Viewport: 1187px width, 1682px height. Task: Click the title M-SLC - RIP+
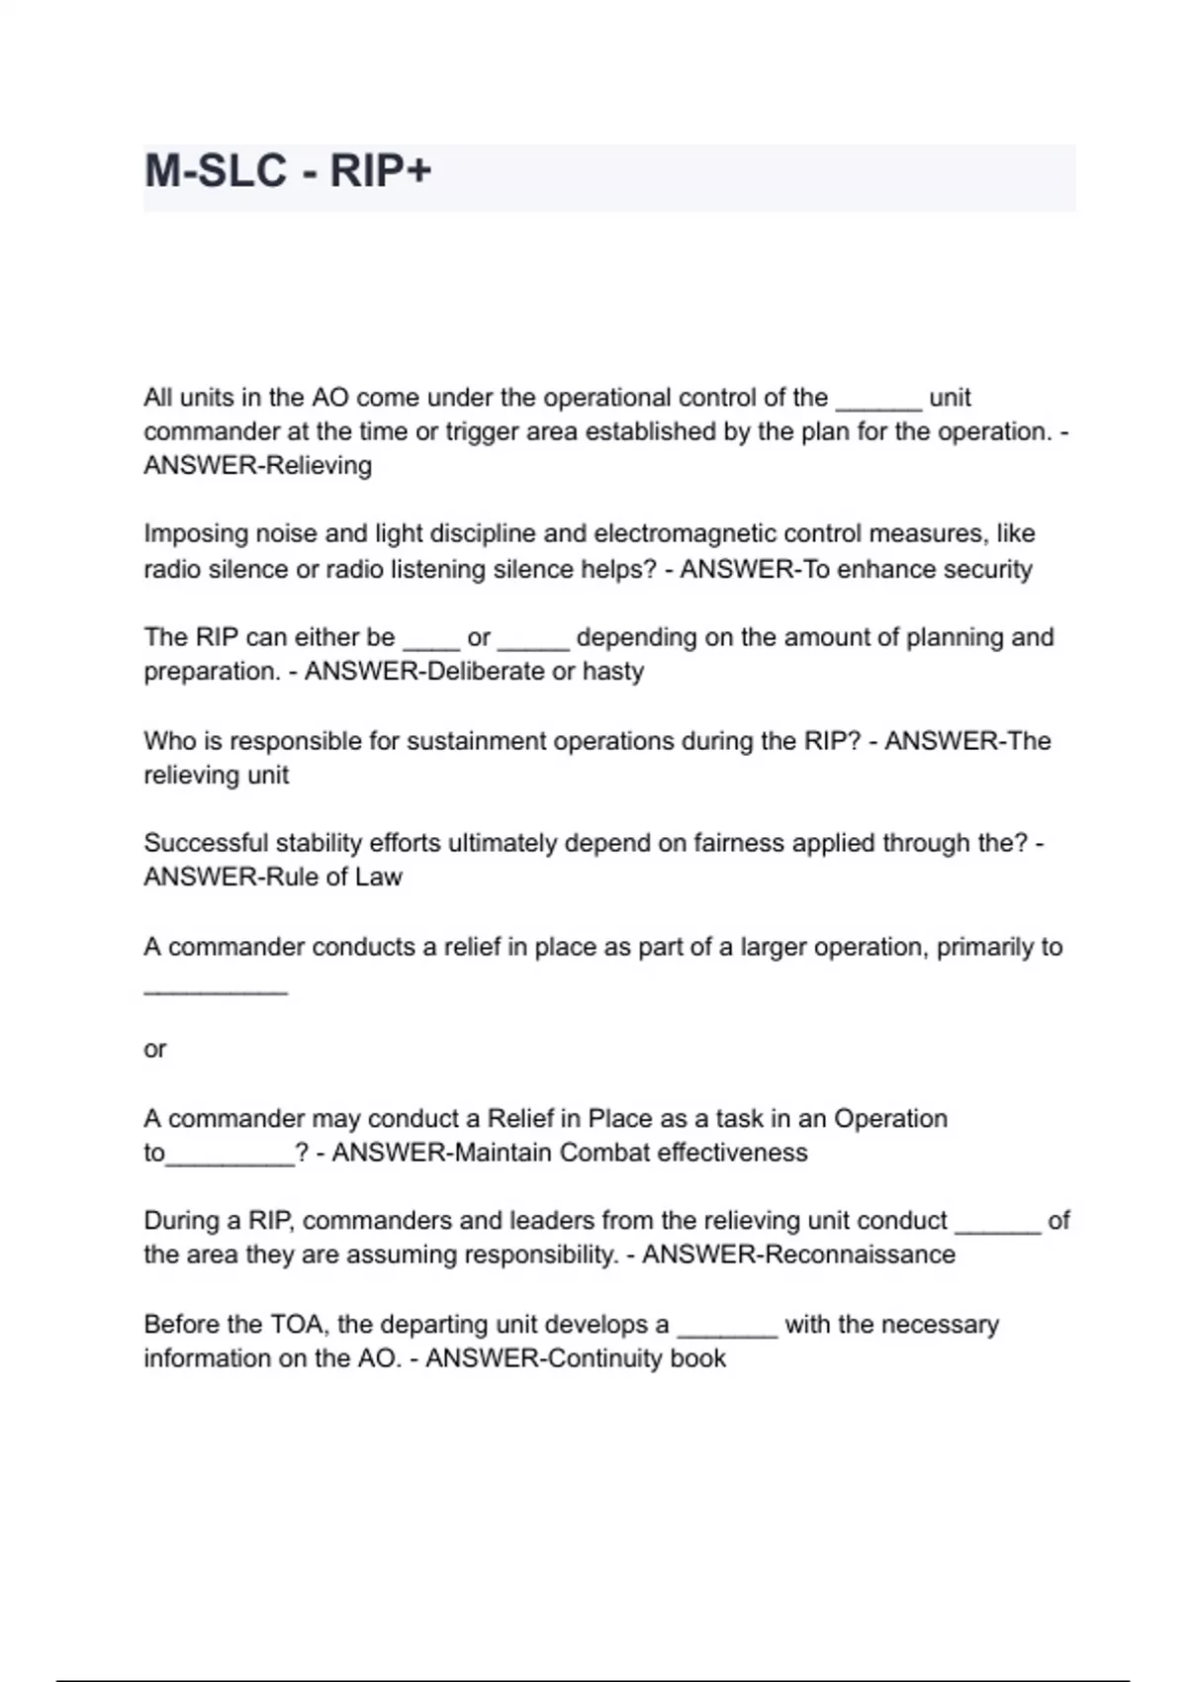click(x=288, y=171)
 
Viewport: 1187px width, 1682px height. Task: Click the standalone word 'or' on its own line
click(x=155, y=1050)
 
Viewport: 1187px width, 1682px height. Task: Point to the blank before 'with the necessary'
click(x=727, y=1334)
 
